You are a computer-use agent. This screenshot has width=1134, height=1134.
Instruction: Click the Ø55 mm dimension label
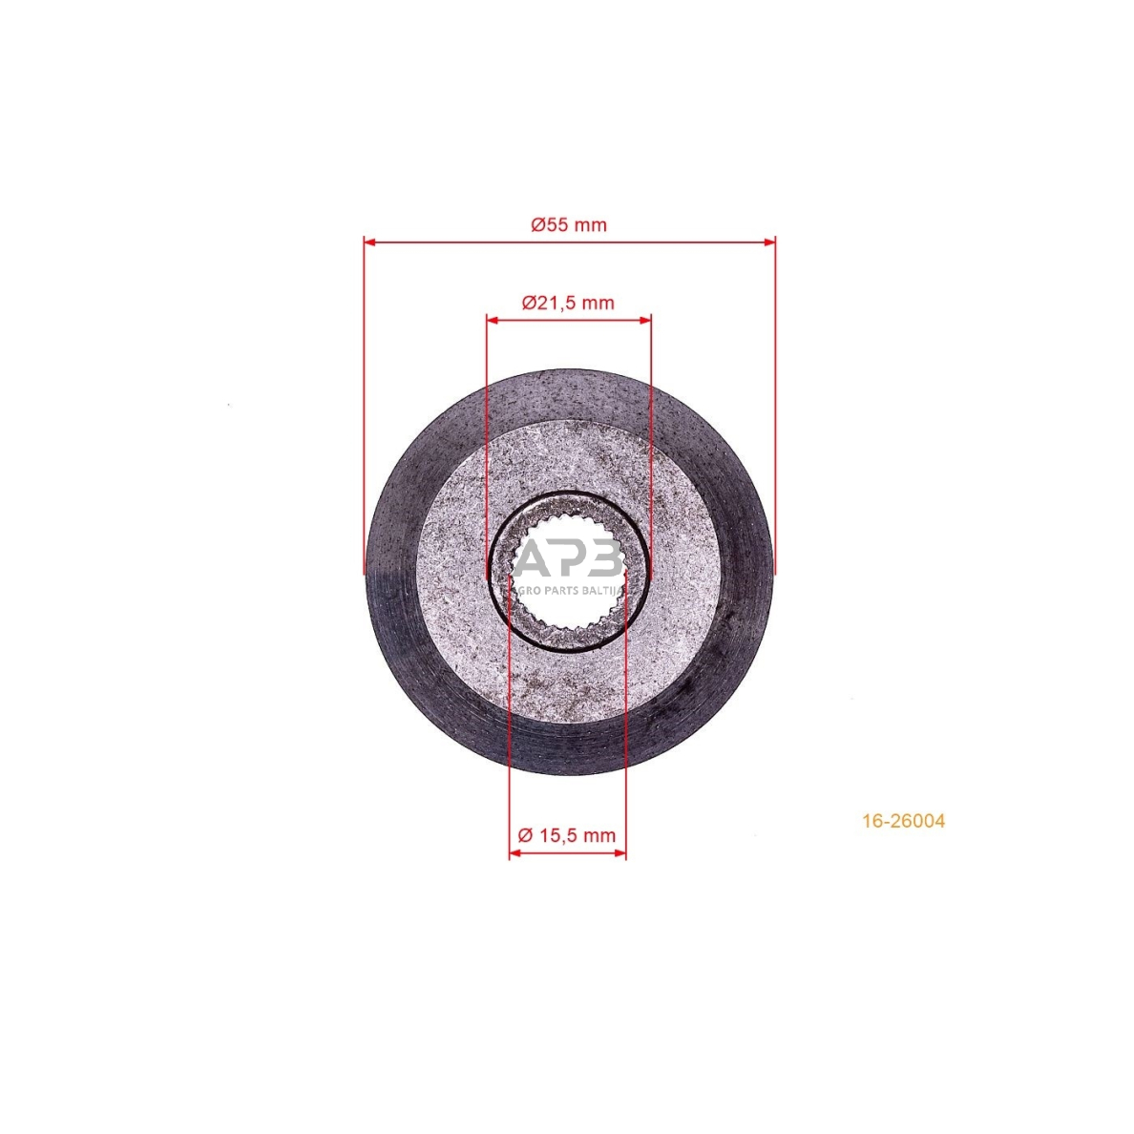(569, 225)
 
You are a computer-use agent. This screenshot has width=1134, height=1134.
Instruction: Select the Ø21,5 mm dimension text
(568, 303)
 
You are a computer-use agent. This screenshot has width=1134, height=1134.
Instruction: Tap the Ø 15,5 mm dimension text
(567, 835)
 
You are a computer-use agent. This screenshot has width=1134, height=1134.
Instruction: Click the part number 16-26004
(903, 821)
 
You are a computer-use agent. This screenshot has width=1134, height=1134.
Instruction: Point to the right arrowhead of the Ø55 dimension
(768, 241)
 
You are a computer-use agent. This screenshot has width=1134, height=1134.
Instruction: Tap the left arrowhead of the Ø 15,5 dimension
(515, 853)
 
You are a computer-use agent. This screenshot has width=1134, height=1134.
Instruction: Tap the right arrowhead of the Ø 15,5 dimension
(619, 853)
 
